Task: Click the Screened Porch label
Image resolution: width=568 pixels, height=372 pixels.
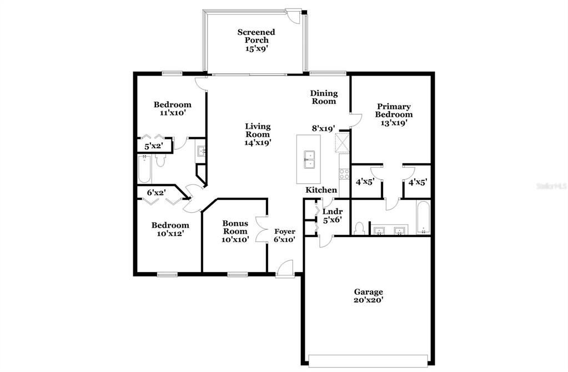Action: tap(256, 36)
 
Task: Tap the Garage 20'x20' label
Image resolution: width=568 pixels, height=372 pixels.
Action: tap(369, 295)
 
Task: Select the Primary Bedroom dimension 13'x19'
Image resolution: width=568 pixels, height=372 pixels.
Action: tap(394, 123)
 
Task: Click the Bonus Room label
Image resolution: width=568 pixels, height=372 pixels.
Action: tap(235, 227)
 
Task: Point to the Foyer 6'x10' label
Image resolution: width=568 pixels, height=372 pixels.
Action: tap(284, 235)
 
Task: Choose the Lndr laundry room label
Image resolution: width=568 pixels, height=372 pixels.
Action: tap(333, 212)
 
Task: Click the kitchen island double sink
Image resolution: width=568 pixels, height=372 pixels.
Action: tap(309, 160)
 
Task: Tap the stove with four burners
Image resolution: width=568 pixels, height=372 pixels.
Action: tap(344, 173)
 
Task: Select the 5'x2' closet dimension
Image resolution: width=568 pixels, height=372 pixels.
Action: tap(154, 147)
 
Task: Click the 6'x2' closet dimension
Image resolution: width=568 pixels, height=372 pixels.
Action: tap(157, 192)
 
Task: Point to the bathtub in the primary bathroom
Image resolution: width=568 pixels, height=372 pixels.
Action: tap(423, 217)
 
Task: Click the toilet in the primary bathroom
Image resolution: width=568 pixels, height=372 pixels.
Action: tap(359, 229)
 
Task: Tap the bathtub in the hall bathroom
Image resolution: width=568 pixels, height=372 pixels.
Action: tap(144, 169)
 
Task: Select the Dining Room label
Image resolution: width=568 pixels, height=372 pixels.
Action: tap(324, 97)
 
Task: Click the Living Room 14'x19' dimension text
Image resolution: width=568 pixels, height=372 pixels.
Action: tap(258, 142)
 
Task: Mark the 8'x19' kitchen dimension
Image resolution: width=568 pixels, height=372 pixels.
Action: tap(324, 128)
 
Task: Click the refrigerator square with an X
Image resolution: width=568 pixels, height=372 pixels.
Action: tap(342, 143)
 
